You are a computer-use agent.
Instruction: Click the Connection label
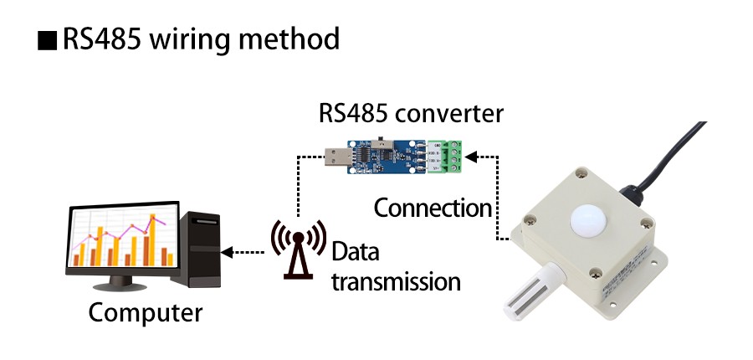(x=432, y=207)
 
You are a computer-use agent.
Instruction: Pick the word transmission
(x=396, y=281)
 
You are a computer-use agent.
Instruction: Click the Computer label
(x=146, y=314)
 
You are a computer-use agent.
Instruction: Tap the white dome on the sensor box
(x=588, y=219)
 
